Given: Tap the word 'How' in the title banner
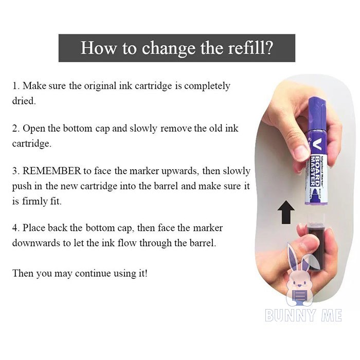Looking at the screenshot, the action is [98, 47].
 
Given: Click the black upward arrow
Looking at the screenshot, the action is [286, 212].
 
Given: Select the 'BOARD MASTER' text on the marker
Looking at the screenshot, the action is [315, 171].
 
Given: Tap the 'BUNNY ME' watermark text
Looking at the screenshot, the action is [303, 315].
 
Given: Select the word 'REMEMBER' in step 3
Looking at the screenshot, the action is [52, 171].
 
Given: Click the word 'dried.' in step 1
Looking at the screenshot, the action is [24, 101].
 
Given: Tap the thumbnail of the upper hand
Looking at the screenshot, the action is [302, 152].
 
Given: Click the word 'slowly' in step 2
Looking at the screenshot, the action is [143, 129].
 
